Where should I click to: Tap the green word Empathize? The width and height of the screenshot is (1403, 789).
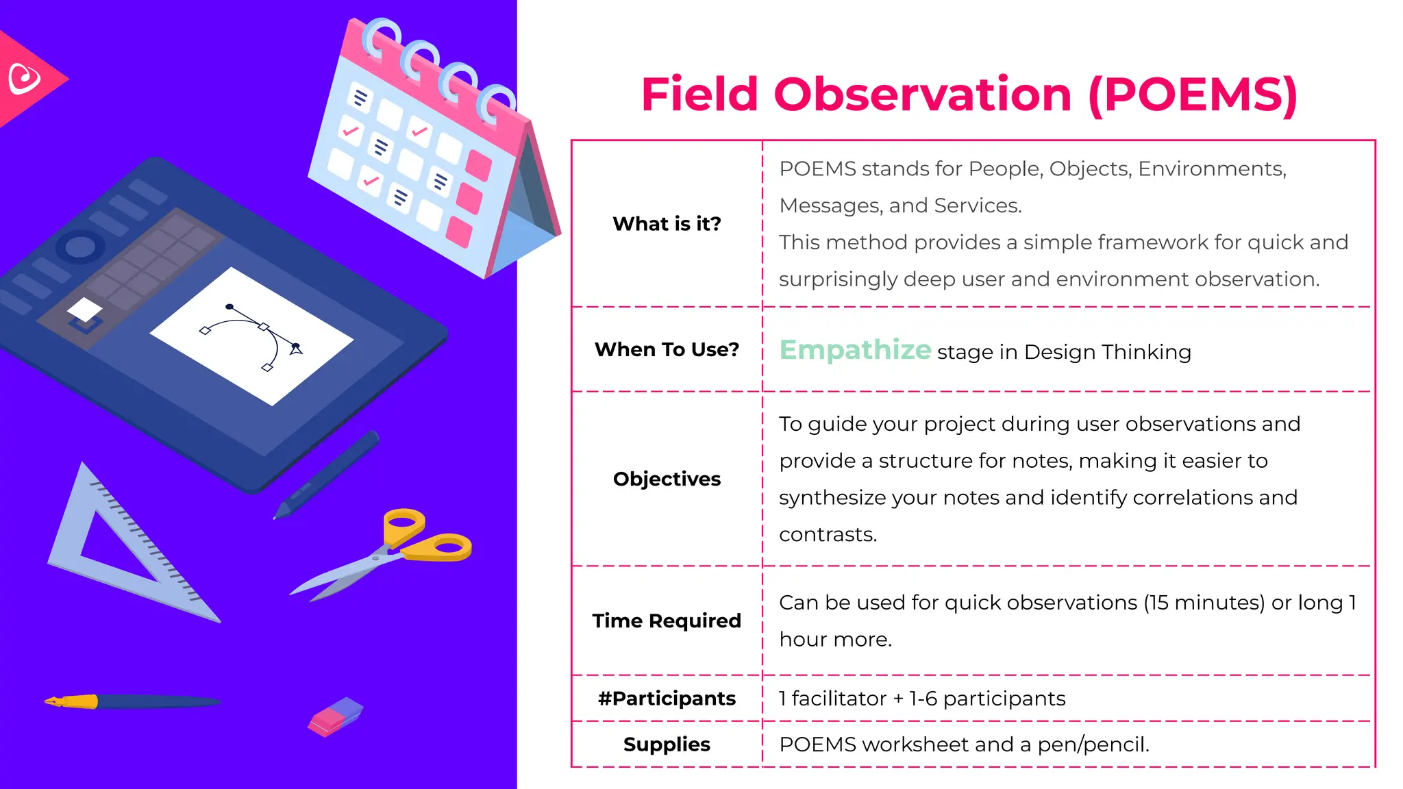[x=855, y=350]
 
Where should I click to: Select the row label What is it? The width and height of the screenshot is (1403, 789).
[x=667, y=224]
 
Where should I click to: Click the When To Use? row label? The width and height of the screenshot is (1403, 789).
[x=667, y=350]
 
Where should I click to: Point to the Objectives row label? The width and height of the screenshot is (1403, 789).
[x=667, y=479]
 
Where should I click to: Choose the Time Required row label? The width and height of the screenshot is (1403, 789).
[x=667, y=621]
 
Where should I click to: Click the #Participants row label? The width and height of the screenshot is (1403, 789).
[x=667, y=699]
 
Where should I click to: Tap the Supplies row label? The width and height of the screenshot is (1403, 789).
[x=667, y=744]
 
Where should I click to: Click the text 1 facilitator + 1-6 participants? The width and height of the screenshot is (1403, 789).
[x=922, y=699]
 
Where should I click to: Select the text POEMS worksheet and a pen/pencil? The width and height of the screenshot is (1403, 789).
[x=964, y=744]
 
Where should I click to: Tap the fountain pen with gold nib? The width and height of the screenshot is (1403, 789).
[x=130, y=702]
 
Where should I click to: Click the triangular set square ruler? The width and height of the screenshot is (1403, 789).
[x=123, y=548]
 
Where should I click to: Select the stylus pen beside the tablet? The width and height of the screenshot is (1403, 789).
[x=326, y=475]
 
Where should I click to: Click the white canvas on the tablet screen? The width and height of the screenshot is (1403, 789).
[x=251, y=336]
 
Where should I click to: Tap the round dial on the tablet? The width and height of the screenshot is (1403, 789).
[x=80, y=247]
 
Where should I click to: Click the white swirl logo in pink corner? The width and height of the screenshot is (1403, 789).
[x=25, y=79]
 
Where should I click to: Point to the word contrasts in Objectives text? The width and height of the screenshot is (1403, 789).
[x=828, y=534]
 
